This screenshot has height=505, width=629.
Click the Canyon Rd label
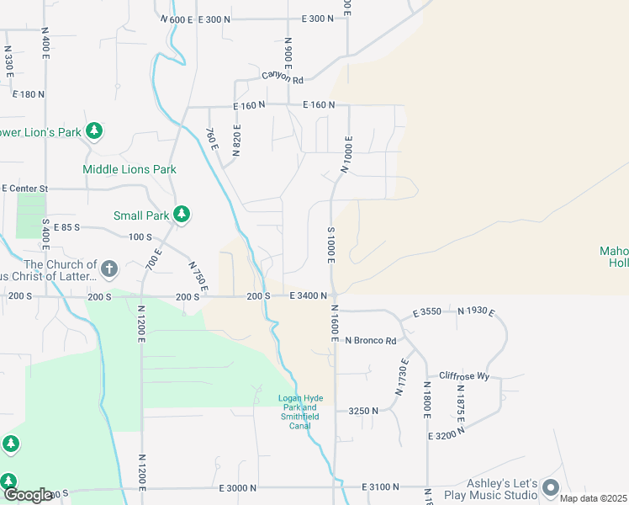[x=282, y=77]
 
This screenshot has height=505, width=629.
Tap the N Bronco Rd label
[x=370, y=341]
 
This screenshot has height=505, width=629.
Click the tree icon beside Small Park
[x=181, y=215]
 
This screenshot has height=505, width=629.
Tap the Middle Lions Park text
[x=129, y=169]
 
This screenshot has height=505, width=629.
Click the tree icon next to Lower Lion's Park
[x=96, y=131]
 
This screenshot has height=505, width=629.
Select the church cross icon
[x=108, y=269]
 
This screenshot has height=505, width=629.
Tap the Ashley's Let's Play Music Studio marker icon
[x=551, y=487]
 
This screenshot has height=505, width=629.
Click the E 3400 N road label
[x=308, y=296]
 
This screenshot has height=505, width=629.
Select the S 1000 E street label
[x=331, y=245]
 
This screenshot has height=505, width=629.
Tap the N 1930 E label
[x=476, y=312]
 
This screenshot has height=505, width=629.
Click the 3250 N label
[x=362, y=411]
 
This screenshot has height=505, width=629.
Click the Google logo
[x=28, y=495]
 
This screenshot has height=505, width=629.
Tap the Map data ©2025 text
[x=592, y=498]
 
